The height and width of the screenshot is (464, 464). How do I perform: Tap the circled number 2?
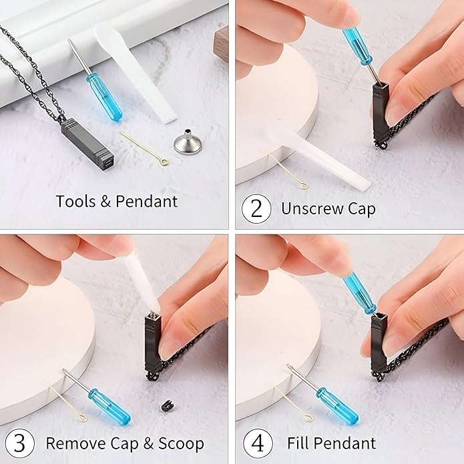point(256,209)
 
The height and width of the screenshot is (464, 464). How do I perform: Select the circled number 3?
point(20,443)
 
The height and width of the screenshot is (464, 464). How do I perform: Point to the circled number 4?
point(258,444)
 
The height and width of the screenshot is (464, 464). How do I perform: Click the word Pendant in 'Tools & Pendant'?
point(146,201)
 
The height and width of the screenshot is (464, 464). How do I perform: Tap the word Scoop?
point(181,443)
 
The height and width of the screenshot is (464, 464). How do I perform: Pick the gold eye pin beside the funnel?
point(146,149)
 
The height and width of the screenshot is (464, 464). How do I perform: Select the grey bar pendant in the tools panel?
point(87,142)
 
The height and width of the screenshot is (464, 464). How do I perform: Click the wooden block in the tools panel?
point(221,43)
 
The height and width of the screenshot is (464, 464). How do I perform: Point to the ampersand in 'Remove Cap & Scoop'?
point(148,443)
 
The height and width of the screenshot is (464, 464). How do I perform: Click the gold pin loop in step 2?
point(304,186)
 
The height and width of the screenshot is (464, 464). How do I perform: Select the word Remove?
point(75,443)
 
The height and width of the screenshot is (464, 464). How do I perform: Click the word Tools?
point(76,201)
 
